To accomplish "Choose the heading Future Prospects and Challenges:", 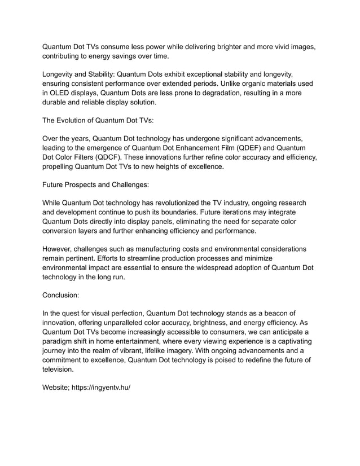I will point(96,184).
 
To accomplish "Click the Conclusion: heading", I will point(63,294).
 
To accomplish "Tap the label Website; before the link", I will point(56,389).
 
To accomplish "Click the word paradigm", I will point(61,342).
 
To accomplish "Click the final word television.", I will point(59,370).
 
